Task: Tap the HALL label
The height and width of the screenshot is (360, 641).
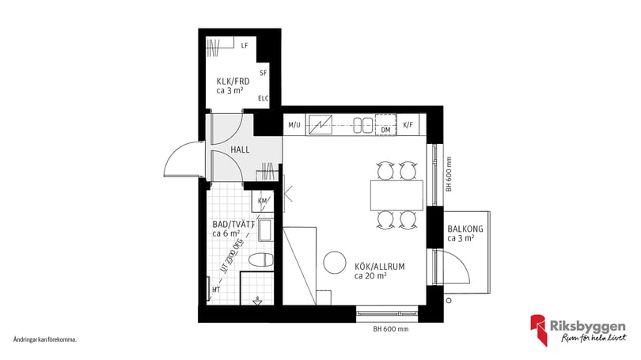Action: coord(241,150)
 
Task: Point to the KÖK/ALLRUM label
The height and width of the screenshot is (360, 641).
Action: coord(379,267)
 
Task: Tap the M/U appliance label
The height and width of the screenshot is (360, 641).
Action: coord(294,125)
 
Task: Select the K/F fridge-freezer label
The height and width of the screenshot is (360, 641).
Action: coord(408,125)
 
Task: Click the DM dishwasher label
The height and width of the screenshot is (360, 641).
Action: coord(385,130)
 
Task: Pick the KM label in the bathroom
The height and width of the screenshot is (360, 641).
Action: coord(263,201)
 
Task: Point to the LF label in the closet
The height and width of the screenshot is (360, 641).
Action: coord(245,46)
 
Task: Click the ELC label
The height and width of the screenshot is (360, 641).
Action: coord(263,98)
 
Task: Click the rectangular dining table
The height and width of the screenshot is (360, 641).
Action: coord(396,194)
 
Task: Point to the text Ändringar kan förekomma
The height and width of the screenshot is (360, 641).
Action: coord(44,339)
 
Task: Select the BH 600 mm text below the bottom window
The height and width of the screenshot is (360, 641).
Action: coord(392,328)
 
